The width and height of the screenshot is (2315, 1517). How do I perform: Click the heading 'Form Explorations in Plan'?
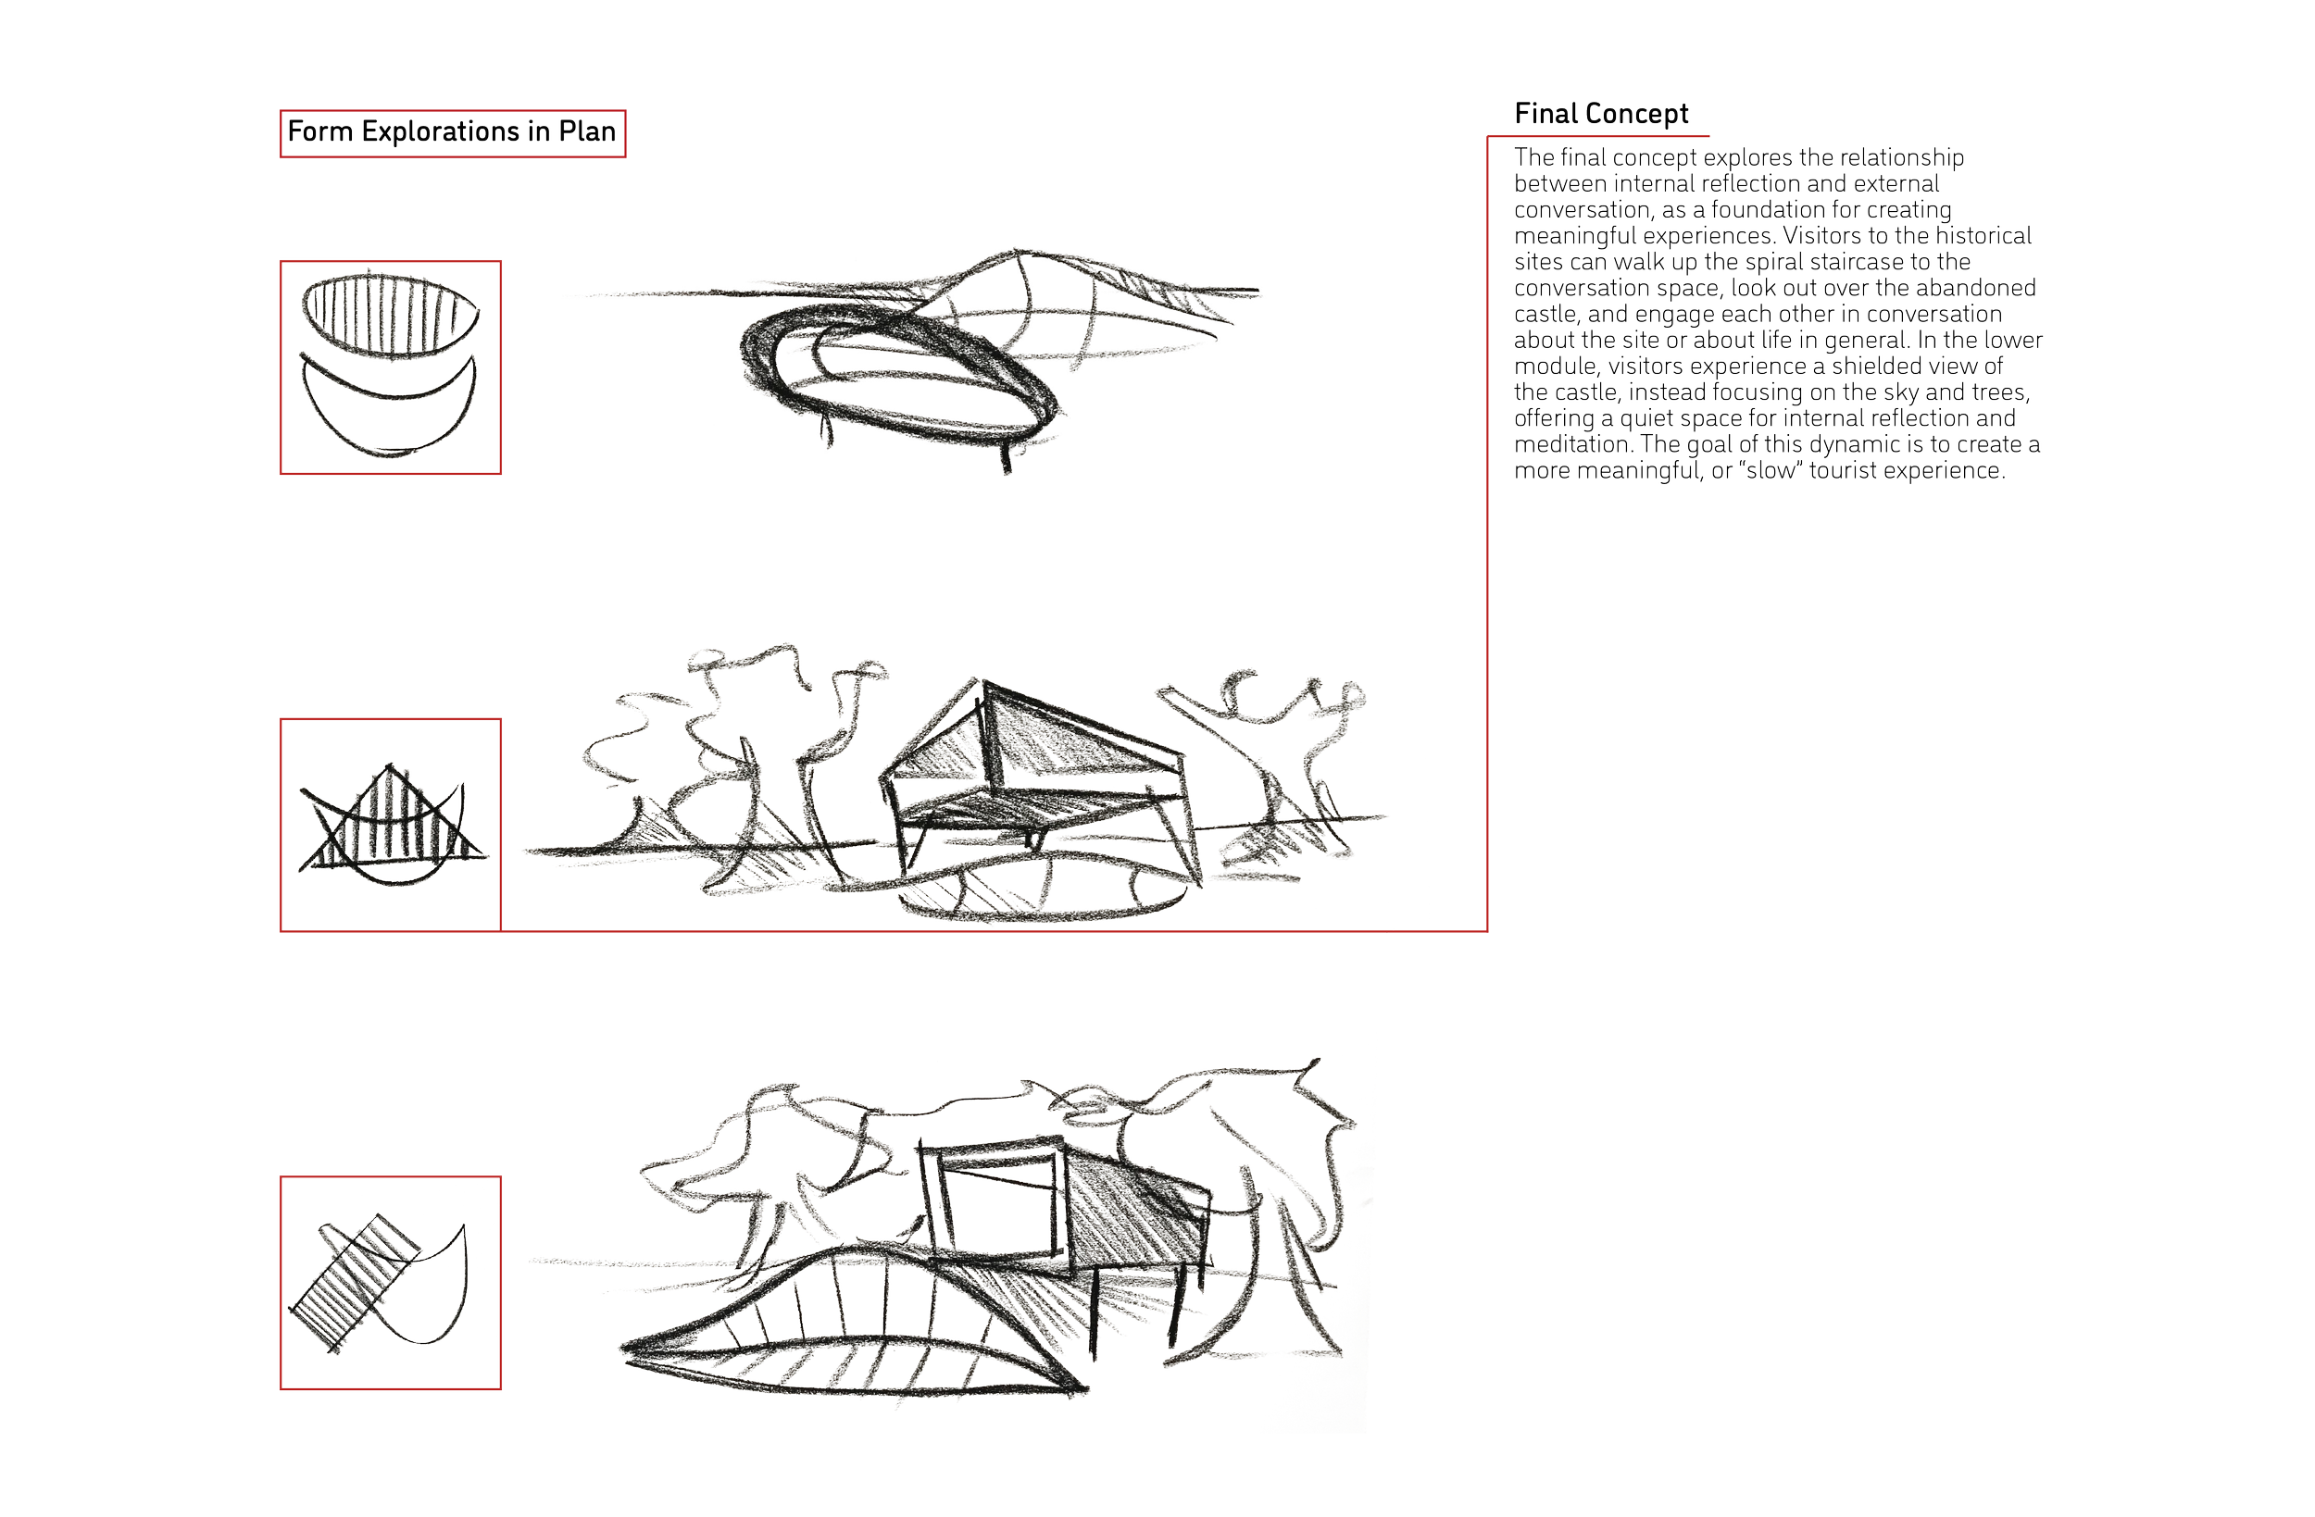tap(451, 132)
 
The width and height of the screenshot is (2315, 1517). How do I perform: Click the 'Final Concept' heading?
tap(1601, 114)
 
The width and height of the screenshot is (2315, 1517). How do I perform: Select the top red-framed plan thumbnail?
tap(391, 367)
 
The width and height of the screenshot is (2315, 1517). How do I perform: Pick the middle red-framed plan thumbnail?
tap(391, 825)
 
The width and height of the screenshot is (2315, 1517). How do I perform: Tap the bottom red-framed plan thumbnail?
tap(391, 1283)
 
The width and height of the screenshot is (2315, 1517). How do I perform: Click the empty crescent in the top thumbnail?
tap(389, 414)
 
